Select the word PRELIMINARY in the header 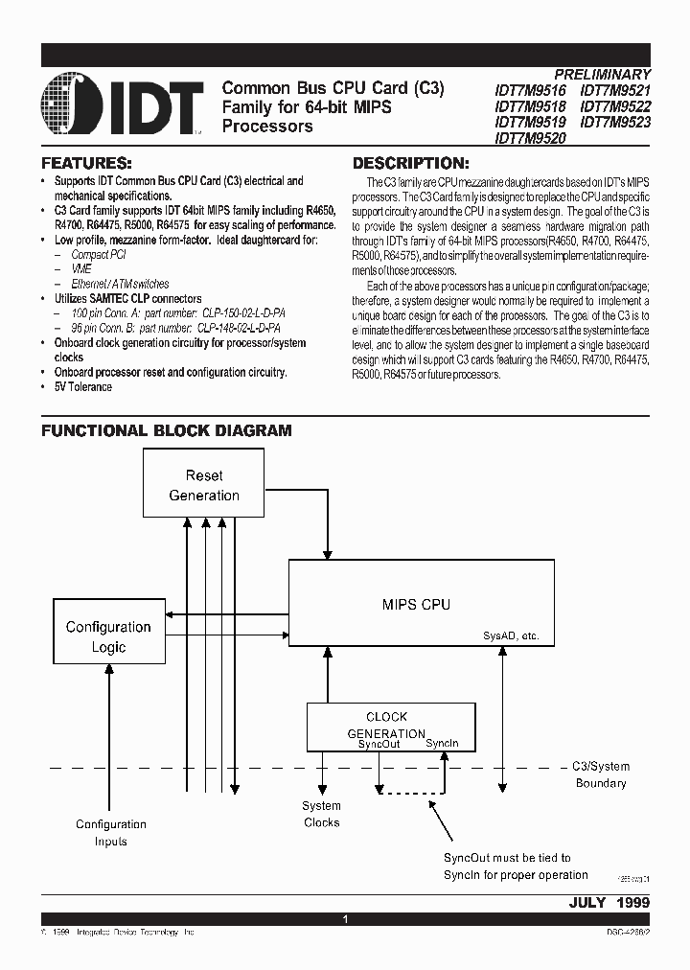602,74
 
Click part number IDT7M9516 530,90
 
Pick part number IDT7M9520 530,138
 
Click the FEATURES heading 86,163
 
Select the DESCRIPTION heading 411,163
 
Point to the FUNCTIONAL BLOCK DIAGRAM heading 166,431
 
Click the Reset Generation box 204,485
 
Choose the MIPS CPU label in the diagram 416,605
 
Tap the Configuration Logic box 108,636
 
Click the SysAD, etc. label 511,635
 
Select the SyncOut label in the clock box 379,744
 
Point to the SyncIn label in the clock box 443,744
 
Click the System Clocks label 322,814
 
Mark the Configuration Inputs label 111,832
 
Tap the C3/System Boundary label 601,774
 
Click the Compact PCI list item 99,255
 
